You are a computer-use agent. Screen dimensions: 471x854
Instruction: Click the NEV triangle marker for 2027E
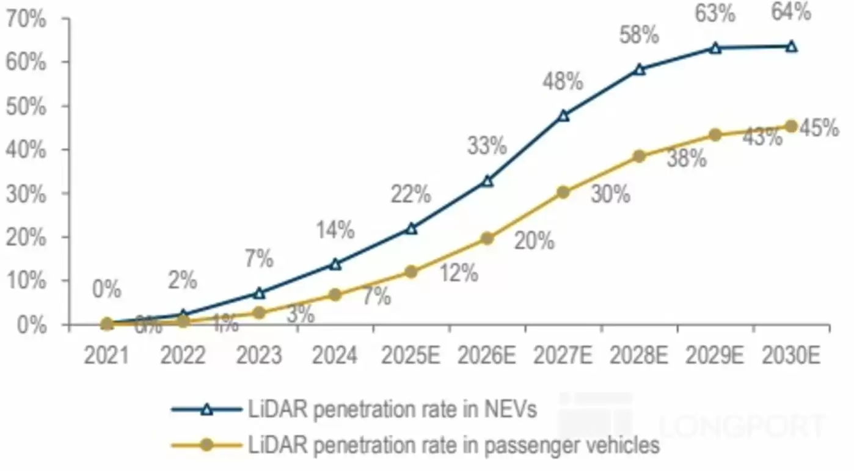coord(563,115)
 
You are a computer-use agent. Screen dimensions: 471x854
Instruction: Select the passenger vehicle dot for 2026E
coord(487,238)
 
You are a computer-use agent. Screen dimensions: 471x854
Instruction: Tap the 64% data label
coord(791,12)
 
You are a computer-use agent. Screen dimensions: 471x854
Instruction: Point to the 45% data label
coord(819,128)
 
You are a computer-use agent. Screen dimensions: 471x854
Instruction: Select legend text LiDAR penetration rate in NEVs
coord(392,409)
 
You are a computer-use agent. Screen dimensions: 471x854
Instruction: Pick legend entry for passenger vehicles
coord(453,445)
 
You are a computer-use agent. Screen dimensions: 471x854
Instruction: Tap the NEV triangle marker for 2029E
coord(715,48)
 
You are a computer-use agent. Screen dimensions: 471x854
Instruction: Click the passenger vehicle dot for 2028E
coord(639,156)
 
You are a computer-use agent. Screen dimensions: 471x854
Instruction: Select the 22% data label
coord(411,195)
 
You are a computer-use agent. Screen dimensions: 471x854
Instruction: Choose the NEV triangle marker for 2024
coord(335,264)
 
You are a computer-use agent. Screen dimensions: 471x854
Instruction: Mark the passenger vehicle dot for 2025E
coord(411,272)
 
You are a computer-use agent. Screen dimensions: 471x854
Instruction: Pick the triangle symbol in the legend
coord(206,409)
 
